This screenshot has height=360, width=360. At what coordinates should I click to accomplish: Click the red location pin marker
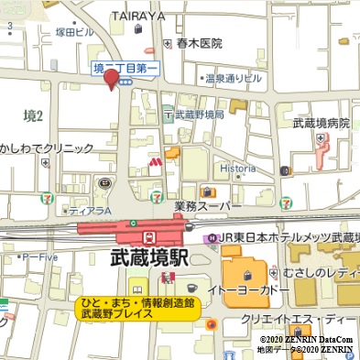113,80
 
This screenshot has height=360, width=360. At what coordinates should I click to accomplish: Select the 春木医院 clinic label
200,43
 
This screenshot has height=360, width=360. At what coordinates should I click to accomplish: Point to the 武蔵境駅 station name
148,258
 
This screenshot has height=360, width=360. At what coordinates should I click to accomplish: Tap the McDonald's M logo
156,162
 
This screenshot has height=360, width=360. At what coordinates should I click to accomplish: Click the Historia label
237,169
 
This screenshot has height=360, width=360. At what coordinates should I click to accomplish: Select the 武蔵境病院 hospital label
321,123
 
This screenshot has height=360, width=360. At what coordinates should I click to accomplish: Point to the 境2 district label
34,115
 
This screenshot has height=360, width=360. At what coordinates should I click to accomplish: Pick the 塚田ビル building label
74,32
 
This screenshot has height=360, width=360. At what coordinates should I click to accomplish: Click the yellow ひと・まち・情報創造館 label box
136,308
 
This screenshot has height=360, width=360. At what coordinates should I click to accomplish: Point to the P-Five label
40,257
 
